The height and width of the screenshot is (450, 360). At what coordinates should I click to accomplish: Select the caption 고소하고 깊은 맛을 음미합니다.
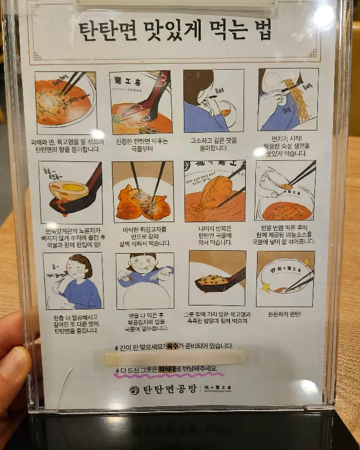[213, 144]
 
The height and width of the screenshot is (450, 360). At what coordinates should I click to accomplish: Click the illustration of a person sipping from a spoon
[213, 101]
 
